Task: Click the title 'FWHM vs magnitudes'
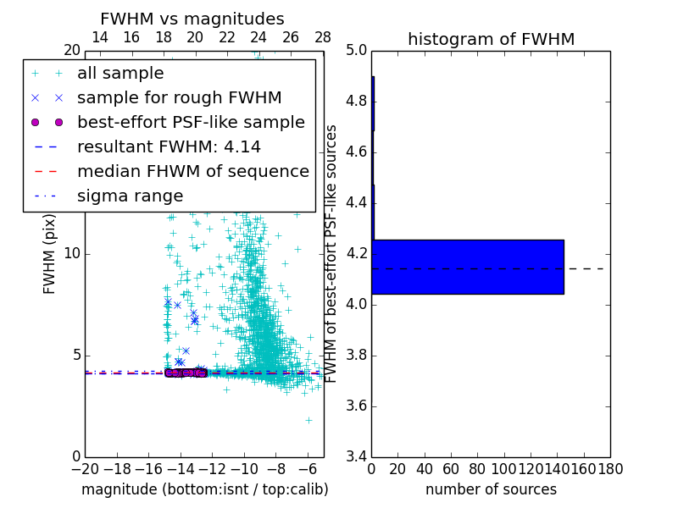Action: click(192, 19)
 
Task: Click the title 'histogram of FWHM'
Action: click(491, 39)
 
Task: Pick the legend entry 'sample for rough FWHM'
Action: click(179, 97)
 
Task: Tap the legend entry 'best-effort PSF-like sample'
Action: click(191, 122)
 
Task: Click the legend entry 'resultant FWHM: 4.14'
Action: click(169, 146)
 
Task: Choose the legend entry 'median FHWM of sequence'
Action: click(192, 171)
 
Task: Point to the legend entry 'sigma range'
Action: click(130, 196)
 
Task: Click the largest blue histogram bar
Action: click(468, 267)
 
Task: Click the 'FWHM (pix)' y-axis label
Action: click(50, 253)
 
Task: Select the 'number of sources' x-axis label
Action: click(491, 489)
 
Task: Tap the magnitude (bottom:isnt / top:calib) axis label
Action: click(204, 489)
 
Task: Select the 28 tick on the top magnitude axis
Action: click(323, 37)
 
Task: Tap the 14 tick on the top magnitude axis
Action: click(99, 37)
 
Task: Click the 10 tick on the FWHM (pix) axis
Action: click(72, 254)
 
